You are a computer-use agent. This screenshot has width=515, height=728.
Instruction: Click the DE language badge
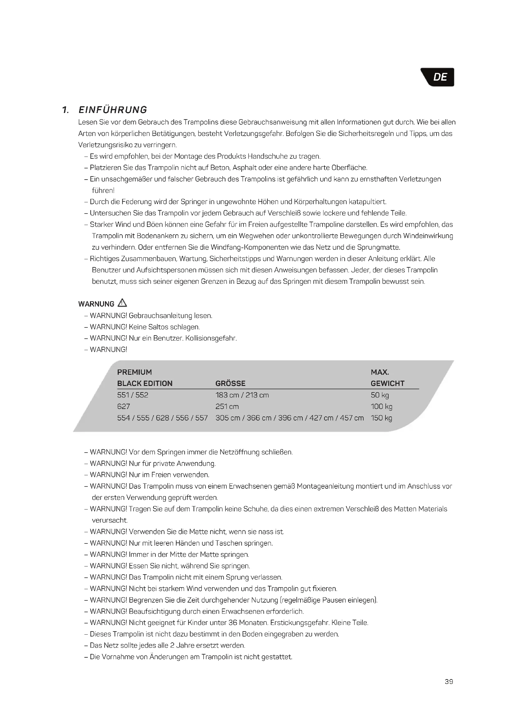click(x=439, y=77)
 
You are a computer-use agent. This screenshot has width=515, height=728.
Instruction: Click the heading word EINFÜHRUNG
click(x=113, y=110)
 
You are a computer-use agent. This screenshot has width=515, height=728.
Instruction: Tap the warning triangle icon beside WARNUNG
click(x=122, y=303)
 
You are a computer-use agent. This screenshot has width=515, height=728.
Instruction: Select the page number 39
click(x=449, y=682)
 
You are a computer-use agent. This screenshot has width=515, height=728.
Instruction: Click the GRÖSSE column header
click(x=230, y=383)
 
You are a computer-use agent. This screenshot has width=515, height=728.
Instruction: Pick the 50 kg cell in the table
click(x=380, y=395)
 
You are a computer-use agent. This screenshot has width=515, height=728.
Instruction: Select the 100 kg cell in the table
click(x=381, y=406)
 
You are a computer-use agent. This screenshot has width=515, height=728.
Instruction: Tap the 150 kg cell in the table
click(x=381, y=418)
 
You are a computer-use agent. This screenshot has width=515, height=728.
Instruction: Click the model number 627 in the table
click(x=123, y=406)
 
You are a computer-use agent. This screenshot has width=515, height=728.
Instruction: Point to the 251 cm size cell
click(x=227, y=406)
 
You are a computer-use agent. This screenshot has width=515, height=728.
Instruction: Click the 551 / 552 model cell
click(x=133, y=395)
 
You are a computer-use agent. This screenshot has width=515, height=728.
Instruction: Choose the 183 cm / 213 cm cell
click(x=242, y=395)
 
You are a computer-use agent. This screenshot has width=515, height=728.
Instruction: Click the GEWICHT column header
click(x=388, y=383)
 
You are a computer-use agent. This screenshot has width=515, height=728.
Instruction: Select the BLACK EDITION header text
click(x=144, y=383)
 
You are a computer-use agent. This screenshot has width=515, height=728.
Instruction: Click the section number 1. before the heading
click(x=66, y=110)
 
